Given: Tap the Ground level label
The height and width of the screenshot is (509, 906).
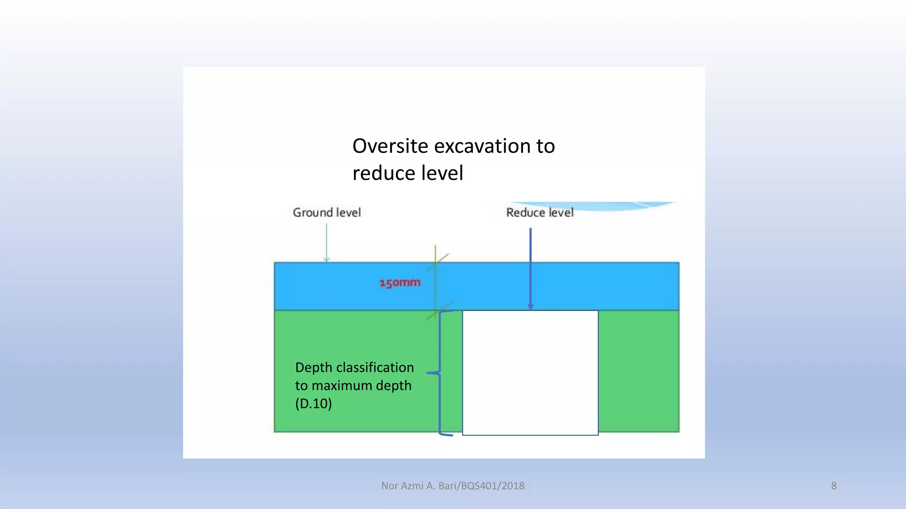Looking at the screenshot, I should pyautogui.click(x=327, y=213).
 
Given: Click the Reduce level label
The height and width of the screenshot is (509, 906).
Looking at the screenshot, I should pyautogui.click(x=540, y=213).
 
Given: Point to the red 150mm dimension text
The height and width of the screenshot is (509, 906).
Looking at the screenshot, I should pyautogui.click(x=400, y=282).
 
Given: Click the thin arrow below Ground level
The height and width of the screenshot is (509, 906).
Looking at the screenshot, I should pyautogui.click(x=326, y=243).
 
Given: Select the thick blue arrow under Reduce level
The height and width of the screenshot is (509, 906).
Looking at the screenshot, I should pyautogui.click(x=530, y=270).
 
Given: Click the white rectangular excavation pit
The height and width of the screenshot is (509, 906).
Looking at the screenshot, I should pyautogui.click(x=530, y=372).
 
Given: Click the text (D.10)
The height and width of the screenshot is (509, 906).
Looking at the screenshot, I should pyautogui.click(x=313, y=403).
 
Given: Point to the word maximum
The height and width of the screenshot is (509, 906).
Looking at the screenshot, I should pyautogui.click(x=342, y=386).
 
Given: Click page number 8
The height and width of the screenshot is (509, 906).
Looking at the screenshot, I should pyautogui.click(x=834, y=486).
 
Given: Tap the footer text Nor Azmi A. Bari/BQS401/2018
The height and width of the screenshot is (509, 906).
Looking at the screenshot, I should pyautogui.click(x=453, y=486).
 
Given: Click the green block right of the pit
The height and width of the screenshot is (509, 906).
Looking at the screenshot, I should pyautogui.click(x=638, y=371).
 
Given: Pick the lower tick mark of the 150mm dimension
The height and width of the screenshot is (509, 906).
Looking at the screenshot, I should pyautogui.click(x=439, y=310).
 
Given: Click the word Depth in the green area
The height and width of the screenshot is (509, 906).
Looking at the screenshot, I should pyautogui.click(x=313, y=368).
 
